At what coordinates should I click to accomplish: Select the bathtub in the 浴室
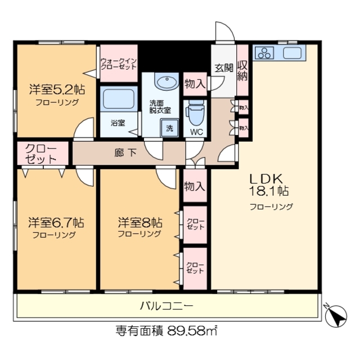[x=118, y=100]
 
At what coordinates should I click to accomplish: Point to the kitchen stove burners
[x=264, y=53]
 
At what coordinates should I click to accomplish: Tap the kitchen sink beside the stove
[x=293, y=53]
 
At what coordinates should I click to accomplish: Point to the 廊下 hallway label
[x=125, y=151]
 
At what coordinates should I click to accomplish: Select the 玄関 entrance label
[x=223, y=68]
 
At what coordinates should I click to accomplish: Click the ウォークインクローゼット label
[x=119, y=63]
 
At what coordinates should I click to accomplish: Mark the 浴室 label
[x=118, y=122]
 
